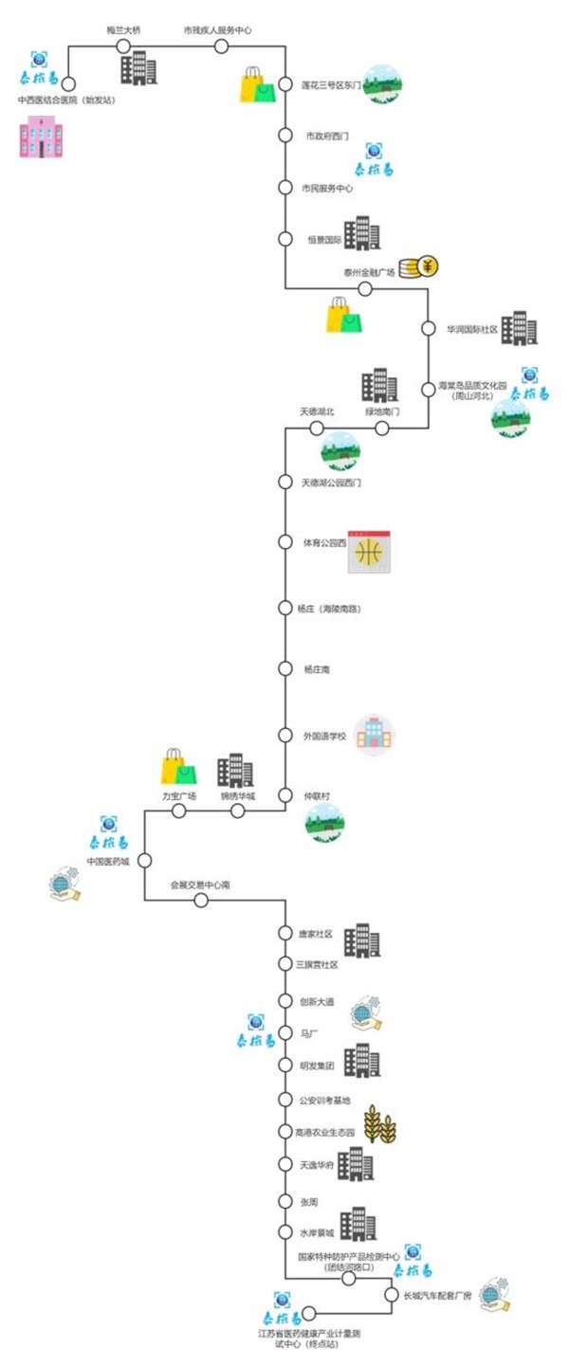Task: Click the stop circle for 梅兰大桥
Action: tap(123, 46)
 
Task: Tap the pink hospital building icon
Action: tap(41, 137)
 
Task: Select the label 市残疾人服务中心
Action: tap(218, 30)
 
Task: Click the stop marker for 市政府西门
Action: tap(285, 136)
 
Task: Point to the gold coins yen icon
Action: tap(418, 267)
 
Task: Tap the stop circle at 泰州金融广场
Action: tap(365, 288)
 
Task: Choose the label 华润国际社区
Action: tap(472, 330)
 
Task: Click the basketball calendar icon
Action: tap(368, 551)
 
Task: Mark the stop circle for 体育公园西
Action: tap(285, 541)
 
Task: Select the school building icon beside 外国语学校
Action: tap(374, 736)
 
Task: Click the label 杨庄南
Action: tap(318, 669)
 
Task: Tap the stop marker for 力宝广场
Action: tap(177, 811)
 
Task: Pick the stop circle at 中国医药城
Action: tap(144, 861)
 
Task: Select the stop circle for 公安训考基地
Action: tap(285, 1100)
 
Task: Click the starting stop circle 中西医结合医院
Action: tap(68, 84)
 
